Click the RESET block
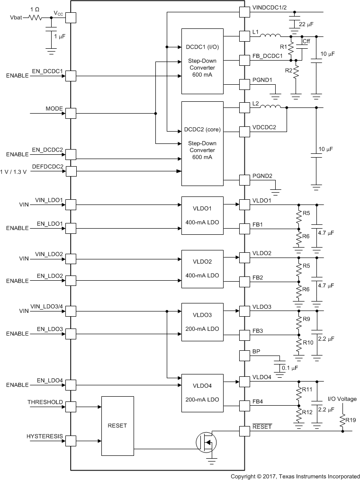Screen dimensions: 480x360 [117, 425]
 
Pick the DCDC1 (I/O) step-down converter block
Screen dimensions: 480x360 [202, 61]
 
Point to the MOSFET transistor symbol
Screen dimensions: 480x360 [206, 442]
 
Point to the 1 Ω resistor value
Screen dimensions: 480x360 [35, 9]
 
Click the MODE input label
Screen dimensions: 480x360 [54, 109]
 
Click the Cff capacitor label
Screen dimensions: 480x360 [306, 42]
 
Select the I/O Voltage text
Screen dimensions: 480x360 [342, 399]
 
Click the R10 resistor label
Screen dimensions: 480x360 [308, 342]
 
